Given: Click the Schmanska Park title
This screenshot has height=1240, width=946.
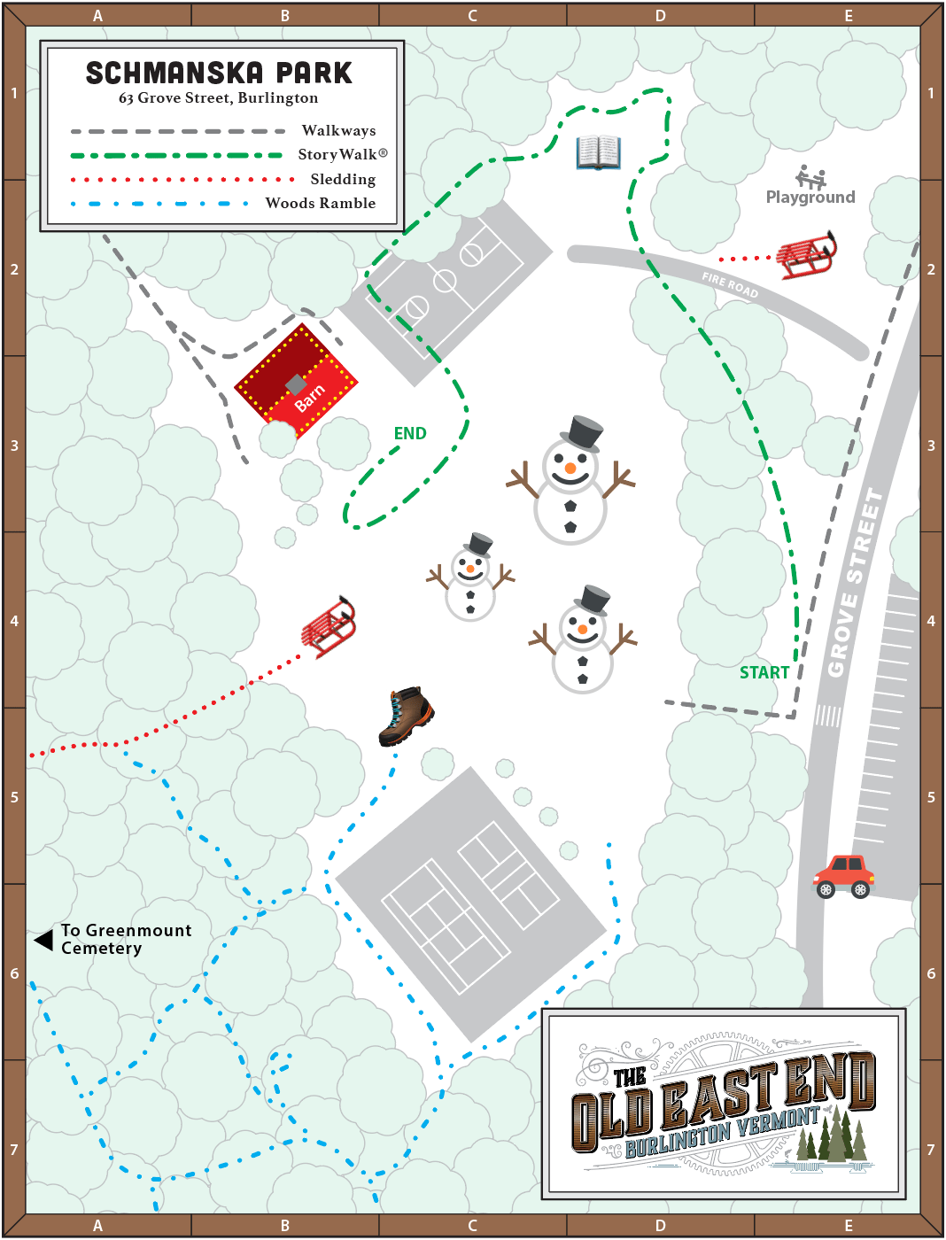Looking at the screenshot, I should tap(219, 73).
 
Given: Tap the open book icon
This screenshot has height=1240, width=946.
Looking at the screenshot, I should tap(598, 152).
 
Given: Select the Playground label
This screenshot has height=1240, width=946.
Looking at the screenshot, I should tap(810, 197).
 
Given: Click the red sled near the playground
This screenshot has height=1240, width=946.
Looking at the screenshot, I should tap(806, 256).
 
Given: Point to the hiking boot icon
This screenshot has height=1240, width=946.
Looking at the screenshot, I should tap(406, 716).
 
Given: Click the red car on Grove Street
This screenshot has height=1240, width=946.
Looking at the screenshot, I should tap(844, 876).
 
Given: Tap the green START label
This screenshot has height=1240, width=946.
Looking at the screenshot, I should tap(764, 672).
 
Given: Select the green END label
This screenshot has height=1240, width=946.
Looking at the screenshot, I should tap(410, 433).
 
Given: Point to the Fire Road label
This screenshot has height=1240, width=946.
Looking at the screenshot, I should tap(730, 284).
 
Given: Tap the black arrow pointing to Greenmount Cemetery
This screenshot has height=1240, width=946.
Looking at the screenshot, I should tap(43, 940).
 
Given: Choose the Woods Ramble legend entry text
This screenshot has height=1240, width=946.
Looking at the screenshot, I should tap(321, 203).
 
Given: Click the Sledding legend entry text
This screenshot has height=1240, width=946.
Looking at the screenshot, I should tap(343, 179).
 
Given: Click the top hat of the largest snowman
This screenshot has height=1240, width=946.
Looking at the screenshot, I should tap(583, 433).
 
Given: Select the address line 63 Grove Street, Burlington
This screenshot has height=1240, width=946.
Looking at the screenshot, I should tap(219, 97).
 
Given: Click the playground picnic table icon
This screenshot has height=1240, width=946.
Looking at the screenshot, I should tap(810, 176).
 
